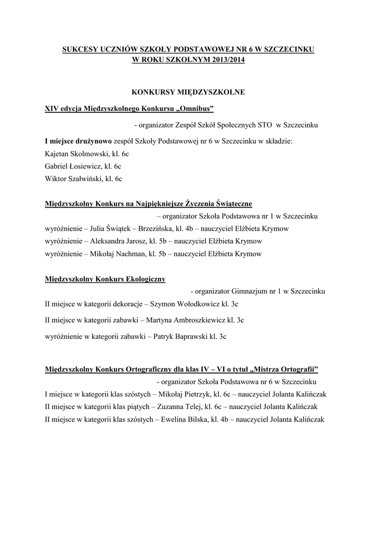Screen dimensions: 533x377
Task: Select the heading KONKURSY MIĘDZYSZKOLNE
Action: click(188, 92)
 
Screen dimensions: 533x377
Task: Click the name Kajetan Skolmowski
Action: click(74, 154)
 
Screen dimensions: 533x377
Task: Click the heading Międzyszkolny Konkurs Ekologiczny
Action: click(106, 279)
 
